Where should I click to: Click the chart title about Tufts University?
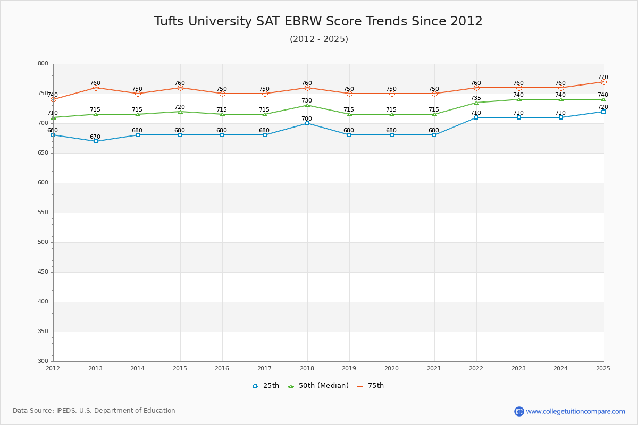pyautogui.click(x=318, y=22)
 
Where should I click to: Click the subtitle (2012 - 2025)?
pyautogui.click(x=318, y=39)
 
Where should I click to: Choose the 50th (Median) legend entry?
pyautogui.click(x=318, y=386)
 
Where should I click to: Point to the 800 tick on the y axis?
pyautogui.click(x=43, y=64)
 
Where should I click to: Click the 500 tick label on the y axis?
pyautogui.click(x=43, y=242)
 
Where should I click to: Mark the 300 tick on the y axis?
pyautogui.click(x=43, y=361)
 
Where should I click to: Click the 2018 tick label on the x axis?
pyautogui.click(x=307, y=368)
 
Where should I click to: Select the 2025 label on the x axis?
pyautogui.click(x=603, y=368)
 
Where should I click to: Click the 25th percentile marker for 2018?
pyautogui.click(x=307, y=123)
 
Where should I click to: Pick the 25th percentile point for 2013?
pyautogui.click(x=96, y=141)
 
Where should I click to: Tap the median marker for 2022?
pyautogui.click(x=476, y=103)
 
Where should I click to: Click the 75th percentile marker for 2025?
pyautogui.click(x=603, y=82)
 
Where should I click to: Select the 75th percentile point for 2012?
pyautogui.click(x=53, y=99)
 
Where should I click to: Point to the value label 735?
pyautogui.click(x=476, y=98)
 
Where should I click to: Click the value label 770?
pyautogui.click(x=602, y=78)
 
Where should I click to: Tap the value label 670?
pyautogui.click(x=95, y=137)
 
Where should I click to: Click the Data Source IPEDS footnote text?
pyautogui.click(x=94, y=411)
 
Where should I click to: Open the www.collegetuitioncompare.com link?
pyautogui.click(x=575, y=411)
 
